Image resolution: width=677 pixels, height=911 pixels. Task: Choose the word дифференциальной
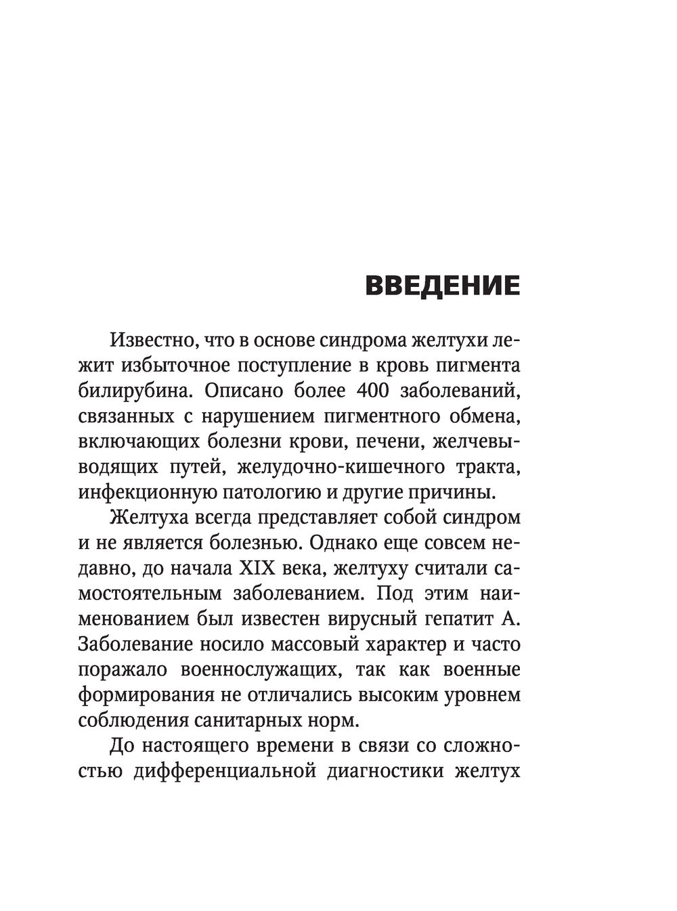[223, 772]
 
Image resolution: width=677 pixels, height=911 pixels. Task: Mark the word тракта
[489, 466]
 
